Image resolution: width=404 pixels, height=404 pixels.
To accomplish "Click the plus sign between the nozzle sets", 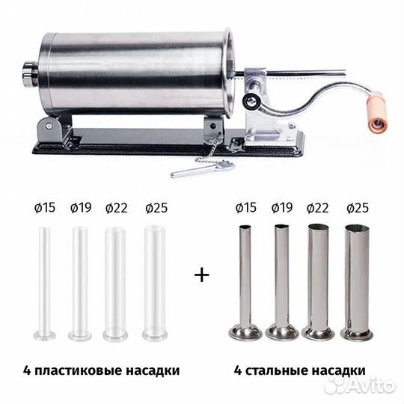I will click(x=200, y=275).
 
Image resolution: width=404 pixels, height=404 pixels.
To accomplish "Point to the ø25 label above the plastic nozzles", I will click(x=156, y=208).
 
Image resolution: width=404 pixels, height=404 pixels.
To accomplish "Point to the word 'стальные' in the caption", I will click(x=284, y=370).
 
